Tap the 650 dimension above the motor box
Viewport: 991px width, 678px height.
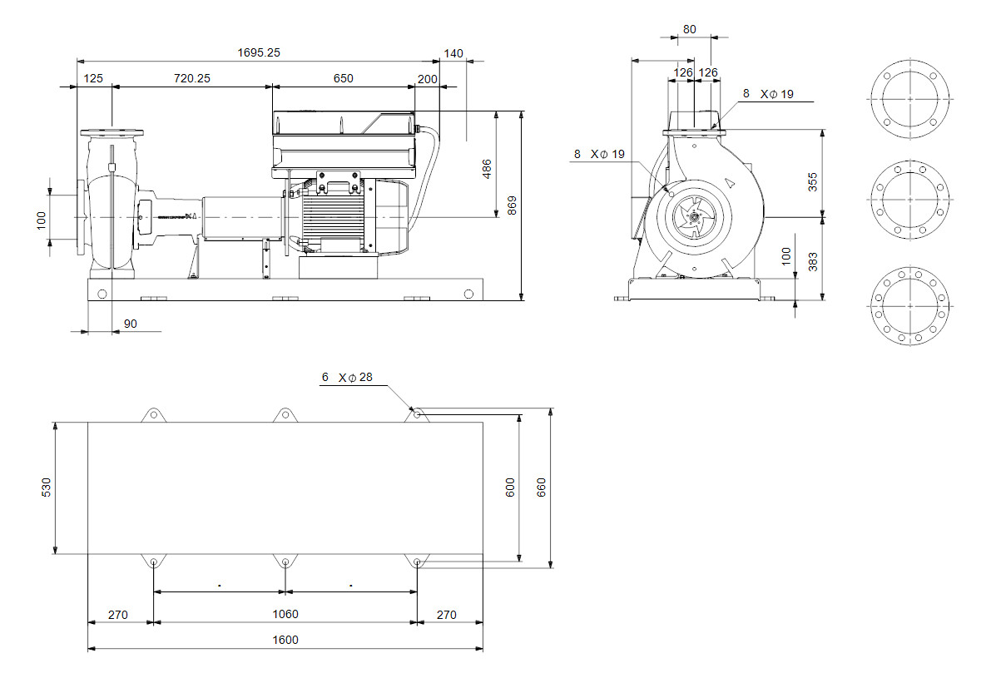click(344, 78)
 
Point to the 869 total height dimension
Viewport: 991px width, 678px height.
click(512, 204)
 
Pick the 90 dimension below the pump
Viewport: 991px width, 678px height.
click(130, 324)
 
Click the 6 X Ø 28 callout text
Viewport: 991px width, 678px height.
click(347, 377)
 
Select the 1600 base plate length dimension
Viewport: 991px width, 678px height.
click(285, 640)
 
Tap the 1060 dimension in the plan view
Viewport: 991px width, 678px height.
click(285, 614)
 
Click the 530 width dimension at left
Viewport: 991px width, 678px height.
click(47, 487)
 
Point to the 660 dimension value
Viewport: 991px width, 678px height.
click(542, 487)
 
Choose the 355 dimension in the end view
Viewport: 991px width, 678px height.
click(813, 181)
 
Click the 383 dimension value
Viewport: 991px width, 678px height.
click(813, 263)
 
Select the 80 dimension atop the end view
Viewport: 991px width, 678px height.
click(690, 28)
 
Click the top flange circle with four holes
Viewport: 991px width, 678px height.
click(909, 99)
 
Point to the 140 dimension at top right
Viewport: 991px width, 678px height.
click(453, 53)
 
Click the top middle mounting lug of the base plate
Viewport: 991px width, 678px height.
click(285, 413)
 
